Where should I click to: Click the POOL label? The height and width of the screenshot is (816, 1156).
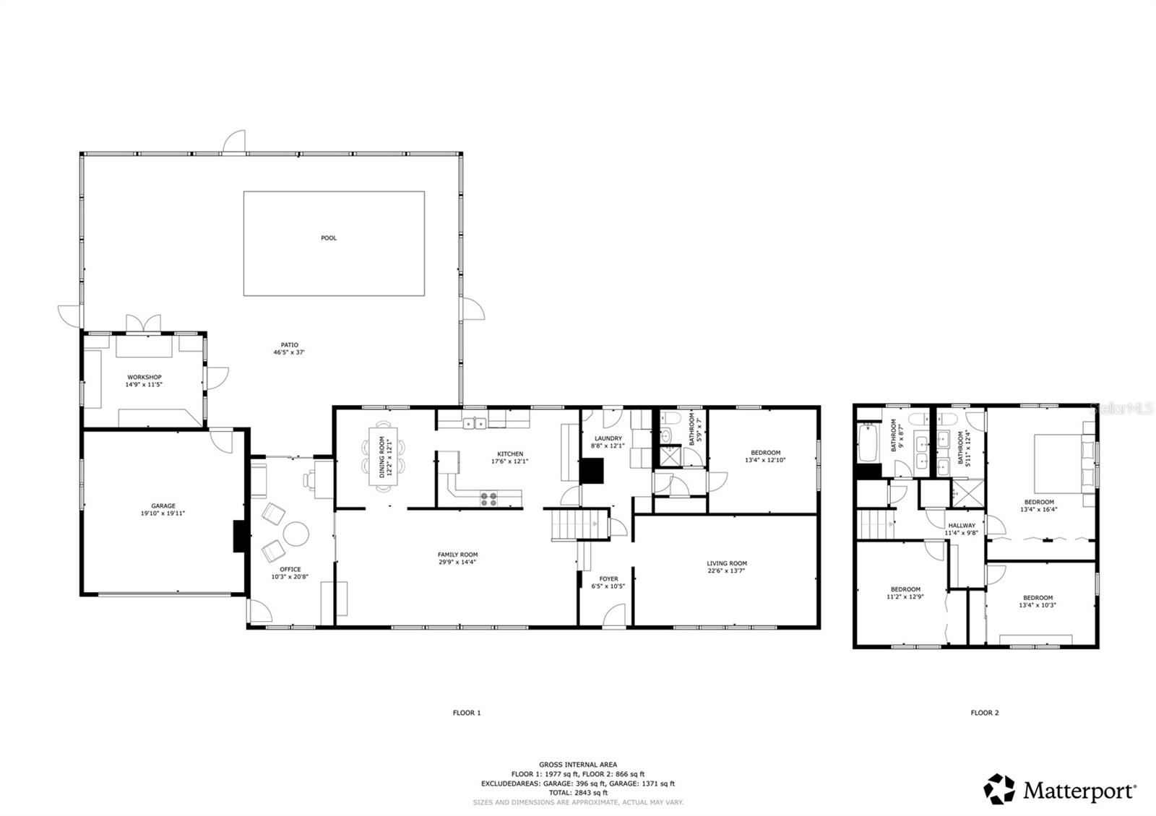click(x=329, y=238)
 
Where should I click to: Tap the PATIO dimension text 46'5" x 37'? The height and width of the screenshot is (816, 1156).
click(x=289, y=353)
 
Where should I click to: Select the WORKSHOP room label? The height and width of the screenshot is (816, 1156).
click(x=144, y=377)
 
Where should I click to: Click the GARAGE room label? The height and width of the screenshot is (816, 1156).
click(x=163, y=506)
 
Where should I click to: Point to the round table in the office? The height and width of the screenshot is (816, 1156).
click(x=296, y=534)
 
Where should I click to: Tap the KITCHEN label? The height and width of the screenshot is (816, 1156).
click(x=510, y=454)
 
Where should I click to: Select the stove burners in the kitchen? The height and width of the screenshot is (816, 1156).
click(x=489, y=496)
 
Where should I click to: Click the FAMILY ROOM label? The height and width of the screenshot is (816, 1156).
click(x=458, y=555)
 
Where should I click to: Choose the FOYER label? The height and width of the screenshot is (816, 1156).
click(x=609, y=578)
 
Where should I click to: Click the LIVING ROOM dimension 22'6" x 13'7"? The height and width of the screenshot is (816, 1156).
click(x=727, y=570)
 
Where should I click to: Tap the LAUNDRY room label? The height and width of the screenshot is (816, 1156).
click(x=608, y=438)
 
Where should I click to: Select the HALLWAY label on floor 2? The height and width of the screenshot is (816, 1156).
click(x=962, y=526)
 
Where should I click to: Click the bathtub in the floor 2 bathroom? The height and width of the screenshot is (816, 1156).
click(x=868, y=443)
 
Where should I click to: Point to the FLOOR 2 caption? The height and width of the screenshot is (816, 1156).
click(x=985, y=713)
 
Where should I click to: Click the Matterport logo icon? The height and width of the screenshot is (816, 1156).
click(x=1000, y=789)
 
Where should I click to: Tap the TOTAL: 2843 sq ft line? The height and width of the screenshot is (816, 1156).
click(x=578, y=792)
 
